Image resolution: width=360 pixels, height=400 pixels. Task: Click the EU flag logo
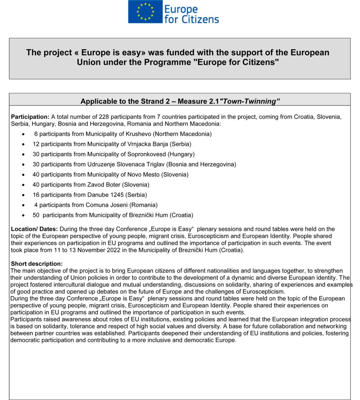click(x=145, y=12)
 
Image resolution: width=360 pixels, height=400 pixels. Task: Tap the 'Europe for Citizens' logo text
click(x=191, y=14)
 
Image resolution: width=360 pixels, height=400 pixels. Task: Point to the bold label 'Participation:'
click(x=30, y=117)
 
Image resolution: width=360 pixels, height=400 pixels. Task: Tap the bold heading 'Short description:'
click(x=37, y=264)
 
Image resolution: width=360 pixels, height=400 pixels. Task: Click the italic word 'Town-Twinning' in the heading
click(x=250, y=102)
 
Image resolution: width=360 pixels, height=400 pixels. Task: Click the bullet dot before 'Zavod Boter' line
click(x=24, y=185)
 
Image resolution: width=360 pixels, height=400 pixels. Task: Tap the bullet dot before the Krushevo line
click(x=24, y=134)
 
